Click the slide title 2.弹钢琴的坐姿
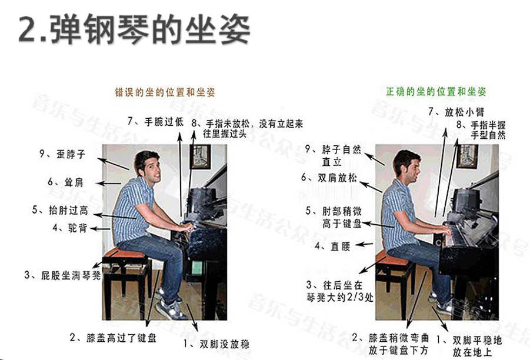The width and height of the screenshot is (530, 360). pos(134,29)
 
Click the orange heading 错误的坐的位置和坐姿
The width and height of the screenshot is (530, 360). pos(165,92)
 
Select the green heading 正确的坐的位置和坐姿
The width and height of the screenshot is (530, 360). pos(436,91)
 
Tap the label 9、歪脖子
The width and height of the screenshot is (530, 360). pos(62,155)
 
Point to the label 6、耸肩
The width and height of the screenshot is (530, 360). pos(65,182)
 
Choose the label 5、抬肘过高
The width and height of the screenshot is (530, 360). pos(60,210)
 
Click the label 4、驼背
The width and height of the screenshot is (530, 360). pos(70,228)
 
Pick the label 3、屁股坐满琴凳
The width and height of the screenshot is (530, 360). pos(62,275)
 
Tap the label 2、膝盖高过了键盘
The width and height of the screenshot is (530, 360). pos(113,338)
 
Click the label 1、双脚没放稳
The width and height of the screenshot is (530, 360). pos(216,344)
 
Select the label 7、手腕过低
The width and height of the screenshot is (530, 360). pos(155,122)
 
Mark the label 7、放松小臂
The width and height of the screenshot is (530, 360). pos(456,112)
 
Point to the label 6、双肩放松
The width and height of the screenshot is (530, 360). pos(329,178)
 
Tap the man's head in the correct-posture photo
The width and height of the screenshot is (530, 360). pos(406,166)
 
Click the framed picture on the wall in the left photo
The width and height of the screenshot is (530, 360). pos(201,156)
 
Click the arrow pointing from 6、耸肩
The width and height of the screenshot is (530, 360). pos(108,184)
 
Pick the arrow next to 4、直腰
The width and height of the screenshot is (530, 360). pos(364,244)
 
